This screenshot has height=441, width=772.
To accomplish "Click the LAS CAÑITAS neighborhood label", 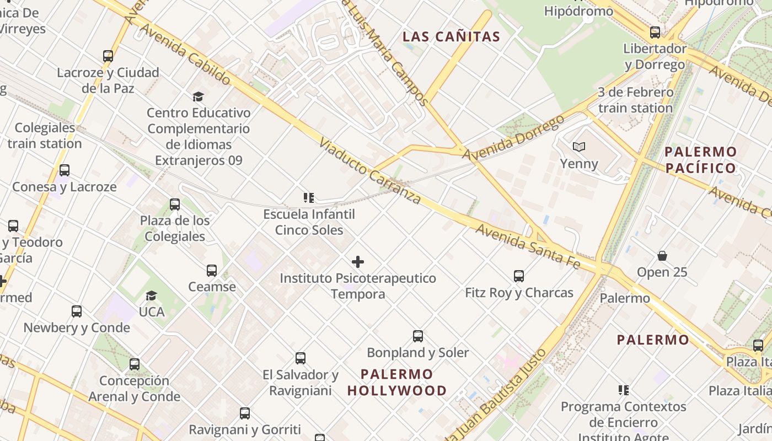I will tap(451, 37).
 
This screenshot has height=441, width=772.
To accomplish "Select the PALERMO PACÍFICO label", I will tap(700, 160).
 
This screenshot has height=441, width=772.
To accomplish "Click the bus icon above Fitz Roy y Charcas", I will tap(519, 276).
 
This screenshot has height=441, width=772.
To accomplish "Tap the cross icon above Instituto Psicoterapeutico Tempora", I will tap(358, 262).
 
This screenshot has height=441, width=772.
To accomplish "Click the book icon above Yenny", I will tap(578, 147).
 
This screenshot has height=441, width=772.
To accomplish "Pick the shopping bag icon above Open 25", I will tap(662, 256).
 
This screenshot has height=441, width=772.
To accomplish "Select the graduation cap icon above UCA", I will tap(152, 296).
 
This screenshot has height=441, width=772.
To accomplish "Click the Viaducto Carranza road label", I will tap(369, 171).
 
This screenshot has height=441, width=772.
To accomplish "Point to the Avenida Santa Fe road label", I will tap(528, 247).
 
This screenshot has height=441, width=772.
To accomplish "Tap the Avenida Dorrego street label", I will tap(513, 138).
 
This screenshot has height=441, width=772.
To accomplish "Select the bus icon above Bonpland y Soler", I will tap(418, 336).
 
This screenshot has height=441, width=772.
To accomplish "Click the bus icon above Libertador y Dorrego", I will tap(655, 32).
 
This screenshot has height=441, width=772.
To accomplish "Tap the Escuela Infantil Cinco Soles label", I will tap(309, 222).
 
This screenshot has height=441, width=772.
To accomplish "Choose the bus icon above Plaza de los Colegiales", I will tap(175, 205).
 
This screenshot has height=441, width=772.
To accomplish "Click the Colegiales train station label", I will tap(45, 136).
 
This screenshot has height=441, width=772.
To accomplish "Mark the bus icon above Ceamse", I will tap(212, 271).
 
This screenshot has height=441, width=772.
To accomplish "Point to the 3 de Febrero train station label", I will tap(635, 100).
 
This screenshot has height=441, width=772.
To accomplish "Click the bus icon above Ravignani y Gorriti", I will tap(245, 413).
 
